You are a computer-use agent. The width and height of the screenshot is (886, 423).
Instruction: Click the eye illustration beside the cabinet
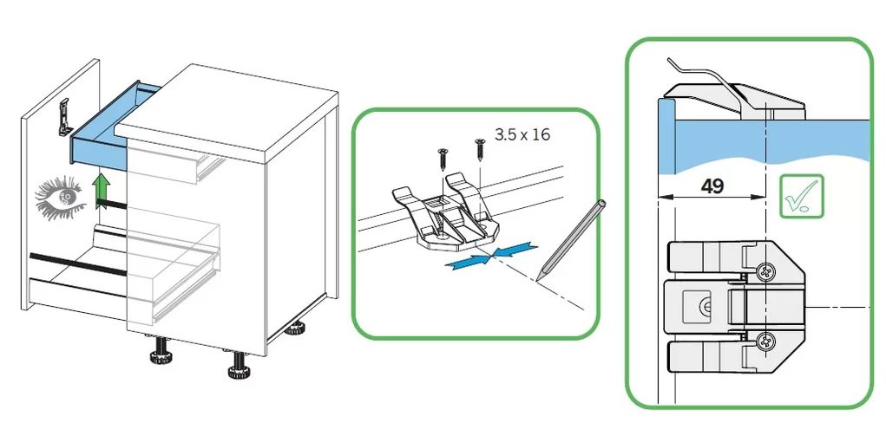pos(61,198)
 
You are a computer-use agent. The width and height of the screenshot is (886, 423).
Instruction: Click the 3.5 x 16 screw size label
pos(522,134)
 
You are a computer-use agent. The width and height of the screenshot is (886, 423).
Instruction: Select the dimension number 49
pos(712,185)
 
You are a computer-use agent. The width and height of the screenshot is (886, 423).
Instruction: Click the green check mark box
pos(801,196)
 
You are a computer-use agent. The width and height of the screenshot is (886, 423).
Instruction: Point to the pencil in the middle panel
pos(571,240)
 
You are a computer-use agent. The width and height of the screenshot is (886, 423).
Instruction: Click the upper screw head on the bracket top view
pos(766,272)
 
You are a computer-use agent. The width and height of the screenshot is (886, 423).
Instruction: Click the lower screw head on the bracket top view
pos(766,341)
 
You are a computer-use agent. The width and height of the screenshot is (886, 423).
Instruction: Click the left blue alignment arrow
pos(468,261)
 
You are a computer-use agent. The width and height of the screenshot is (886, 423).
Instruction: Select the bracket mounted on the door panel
pos(65,118)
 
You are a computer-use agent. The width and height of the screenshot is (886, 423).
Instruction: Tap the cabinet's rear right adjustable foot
pos(295,329)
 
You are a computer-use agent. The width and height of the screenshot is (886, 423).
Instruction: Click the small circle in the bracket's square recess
pos(706,307)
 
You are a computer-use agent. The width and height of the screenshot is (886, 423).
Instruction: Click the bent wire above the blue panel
pos(706,85)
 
